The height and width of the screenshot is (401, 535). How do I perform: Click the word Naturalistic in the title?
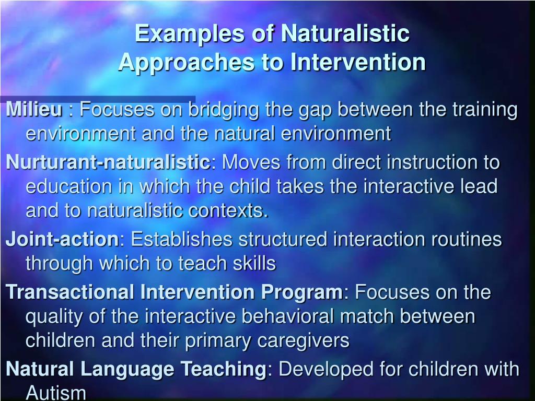[345, 34]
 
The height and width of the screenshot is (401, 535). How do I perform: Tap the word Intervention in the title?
[358, 62]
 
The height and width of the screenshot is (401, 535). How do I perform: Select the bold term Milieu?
[34, 110]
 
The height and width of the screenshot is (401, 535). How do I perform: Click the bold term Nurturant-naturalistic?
[107, 162]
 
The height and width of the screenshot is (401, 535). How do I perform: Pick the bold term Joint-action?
[62, 240]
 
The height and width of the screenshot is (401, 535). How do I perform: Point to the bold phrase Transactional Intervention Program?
[174, 292]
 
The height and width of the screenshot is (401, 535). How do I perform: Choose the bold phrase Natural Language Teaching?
[136, 369]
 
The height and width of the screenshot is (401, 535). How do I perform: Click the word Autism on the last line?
[56, 393]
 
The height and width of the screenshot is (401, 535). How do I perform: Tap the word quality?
[56, 317]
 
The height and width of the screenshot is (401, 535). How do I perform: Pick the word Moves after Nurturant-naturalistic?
[247, 162]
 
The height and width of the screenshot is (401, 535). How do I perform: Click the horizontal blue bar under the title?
[98, 99]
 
